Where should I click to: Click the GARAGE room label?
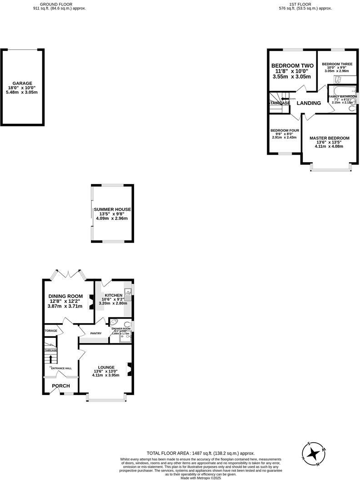tap(22, 83)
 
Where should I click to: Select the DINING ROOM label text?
tap(65, 296)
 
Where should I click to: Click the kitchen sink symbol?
tap(129, 295)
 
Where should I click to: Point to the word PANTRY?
tap(95, 334)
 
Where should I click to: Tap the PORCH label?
tap(61, 386)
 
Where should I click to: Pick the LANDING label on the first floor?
tap(309, 103)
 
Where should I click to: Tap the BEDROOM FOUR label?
tap(284, 130)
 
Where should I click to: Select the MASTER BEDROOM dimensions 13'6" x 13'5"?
tap(329, 142)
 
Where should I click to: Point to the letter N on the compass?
tap(318, 464)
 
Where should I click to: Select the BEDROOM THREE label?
tap(337, 64)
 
